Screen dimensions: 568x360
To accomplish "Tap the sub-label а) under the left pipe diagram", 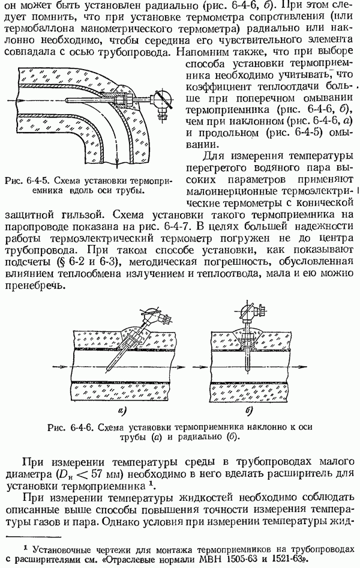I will (123, 410).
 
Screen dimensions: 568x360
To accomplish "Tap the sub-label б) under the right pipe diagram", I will (248, 410).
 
